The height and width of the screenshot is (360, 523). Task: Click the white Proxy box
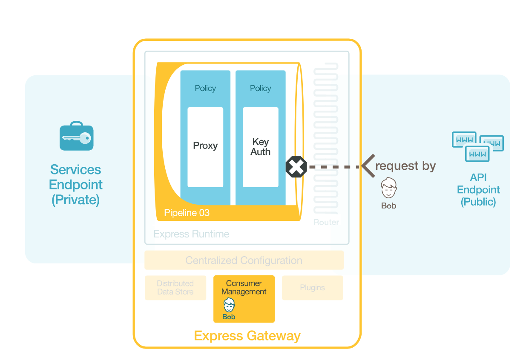pyautogui.click(x=205, y=147)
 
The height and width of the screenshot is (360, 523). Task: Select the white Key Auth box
pyautogui.click(x=260, y=147)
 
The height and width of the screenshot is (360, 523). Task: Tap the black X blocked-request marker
pyautogui.click(x=296, y=167)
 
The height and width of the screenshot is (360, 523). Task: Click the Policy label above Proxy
pyautogui.click(x=205, y=88)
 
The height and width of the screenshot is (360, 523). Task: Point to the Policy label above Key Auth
pyautogui.click(x=260, y=88)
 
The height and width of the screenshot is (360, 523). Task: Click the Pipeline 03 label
pyautogui.click(x=187, y=213)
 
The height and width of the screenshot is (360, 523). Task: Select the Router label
pyautogui.click(x=326, y=222)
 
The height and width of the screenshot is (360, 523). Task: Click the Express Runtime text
pyautogui.click(x=191, y=234)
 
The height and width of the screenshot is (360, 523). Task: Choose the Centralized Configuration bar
pyautogui.click(x=244, y=260)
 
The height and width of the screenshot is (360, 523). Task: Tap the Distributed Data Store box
pyautogui.click(x=175, y=288)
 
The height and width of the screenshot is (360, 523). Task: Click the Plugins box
pyautogui.click(x=312, y=288)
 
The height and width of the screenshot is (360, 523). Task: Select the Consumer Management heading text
pyautogui.click(x=244, y=287)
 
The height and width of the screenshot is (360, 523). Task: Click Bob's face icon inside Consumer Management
pyautogui.click(x=229, y=305)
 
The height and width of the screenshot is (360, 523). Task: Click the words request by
pyautogui.click(x=405, y=166)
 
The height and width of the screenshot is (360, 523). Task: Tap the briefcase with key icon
pyautogui.click(x=76, y=137)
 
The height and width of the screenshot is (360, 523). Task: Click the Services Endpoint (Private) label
pyautogui.click(x=76, y=185)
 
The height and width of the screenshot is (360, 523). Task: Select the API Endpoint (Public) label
pyautogui.click(x=478, y=190)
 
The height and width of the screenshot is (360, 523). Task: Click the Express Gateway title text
pyautogui.click(x=247, y=336)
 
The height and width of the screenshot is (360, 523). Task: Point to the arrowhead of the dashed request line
pyautogui.click(x=366, y=166)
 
